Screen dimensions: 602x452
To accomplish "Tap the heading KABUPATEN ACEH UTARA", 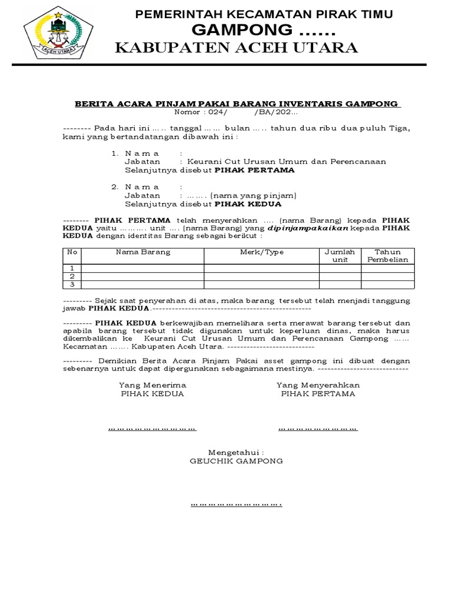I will coord(236,48).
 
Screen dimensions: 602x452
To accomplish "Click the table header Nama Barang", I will coord(142,252).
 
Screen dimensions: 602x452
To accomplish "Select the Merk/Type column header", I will coord(261,252).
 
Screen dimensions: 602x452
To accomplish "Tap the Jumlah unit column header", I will coord(340,255).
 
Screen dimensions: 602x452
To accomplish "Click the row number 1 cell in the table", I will coord(72,268).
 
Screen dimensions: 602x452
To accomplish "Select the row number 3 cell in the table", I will coord(72,285).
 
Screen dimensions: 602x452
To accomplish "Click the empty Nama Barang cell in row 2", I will coord(142,276).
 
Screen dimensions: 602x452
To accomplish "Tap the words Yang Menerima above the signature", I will coord(152,384).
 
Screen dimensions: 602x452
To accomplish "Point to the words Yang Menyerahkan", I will coord(318,384).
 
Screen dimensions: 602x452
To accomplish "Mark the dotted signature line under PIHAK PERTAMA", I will coord(318,429).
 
